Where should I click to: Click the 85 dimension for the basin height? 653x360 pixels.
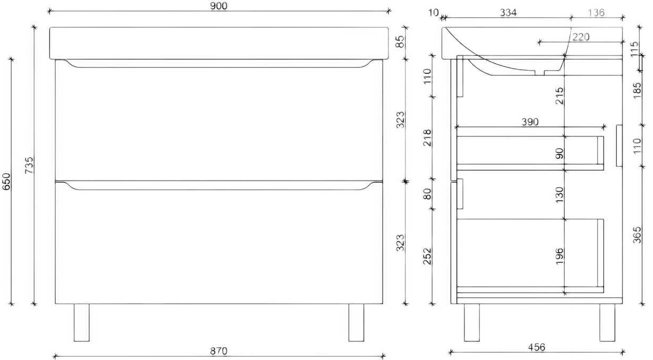pyautogui.click(x=401, y=41)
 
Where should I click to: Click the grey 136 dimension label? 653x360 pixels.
pyautogui.click(x=596, y=13)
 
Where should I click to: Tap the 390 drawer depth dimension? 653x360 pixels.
pyautogui.click(x=530, y=122)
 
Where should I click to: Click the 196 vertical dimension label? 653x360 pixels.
pyautogui.click(x=559, y=255)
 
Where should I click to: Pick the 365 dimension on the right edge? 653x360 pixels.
pyautogui.click(x=638, y=235)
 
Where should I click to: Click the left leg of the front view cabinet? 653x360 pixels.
pyautogui.click(x=81, y=322)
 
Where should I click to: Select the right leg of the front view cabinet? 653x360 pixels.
pyautogui.click(x=356, y=322)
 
